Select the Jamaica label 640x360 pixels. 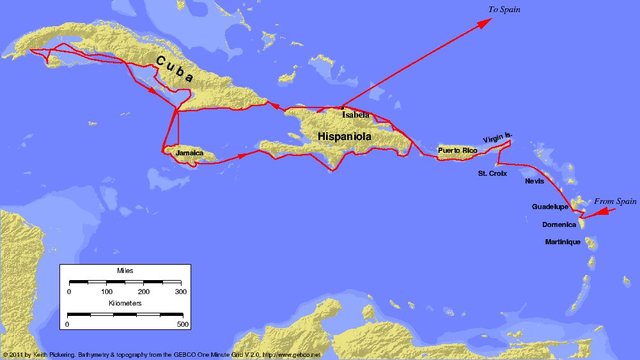tap(189, 154)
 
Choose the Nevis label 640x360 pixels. tap(534, 182)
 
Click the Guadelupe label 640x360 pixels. tap(550, 207)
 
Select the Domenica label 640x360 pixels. tap(559, 224)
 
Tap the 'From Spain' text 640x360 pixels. tap(615, 202)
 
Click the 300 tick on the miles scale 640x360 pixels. tap(181, 291)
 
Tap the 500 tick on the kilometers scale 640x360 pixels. tap(182, 325)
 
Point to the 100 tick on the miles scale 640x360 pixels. tap(107, 291)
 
